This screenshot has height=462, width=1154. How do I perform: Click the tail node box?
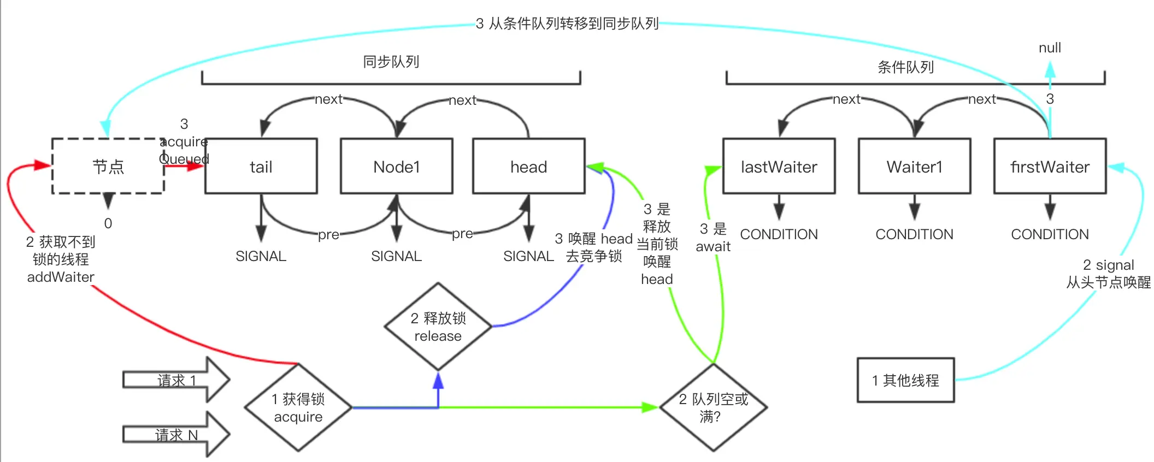pyautogui.click(x=261, y=166)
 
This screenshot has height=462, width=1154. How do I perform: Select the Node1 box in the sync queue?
pyautogui.click(x=396, y=166)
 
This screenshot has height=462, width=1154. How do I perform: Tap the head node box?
pyautogui.click(x=528, y=166)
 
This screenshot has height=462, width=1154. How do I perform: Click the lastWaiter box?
pyautogui.click(x=779, y=166)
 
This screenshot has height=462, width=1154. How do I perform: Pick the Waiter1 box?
pyautogui.click(x=914, y=166)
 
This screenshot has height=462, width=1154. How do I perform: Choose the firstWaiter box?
pyautogui.click(x=1050, y=166)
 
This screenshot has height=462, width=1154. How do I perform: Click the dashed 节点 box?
pyautogui.click(x=108, y=166)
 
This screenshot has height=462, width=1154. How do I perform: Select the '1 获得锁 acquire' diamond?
pyautogui.click(x=298, y=407)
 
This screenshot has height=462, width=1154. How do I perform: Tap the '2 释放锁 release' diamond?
pyautogui.click(x=438, y=327)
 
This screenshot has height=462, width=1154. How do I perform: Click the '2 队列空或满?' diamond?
pyautogui.click(x=713, y=407)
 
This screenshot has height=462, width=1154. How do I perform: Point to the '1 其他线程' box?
pyautogui.click(x=905, y=380)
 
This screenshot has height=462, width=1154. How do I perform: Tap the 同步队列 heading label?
pyautogui.click(x=391, y=62)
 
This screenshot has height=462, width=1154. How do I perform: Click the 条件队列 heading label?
pyautogui.click(x=905, y=67)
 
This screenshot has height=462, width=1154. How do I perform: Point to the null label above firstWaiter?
pyautogui.click(x=1050, y=48)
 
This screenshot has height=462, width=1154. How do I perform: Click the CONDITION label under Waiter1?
pyautogui.click(x=914, y=234)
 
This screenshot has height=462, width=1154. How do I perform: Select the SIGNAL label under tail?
pyautogui.click(x=261, y=256)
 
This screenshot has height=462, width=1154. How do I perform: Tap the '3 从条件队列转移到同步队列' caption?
pyautogui.click(x=567, y=23)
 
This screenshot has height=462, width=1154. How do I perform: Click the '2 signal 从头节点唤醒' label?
pyautogui.click(x=1108, y=274)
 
